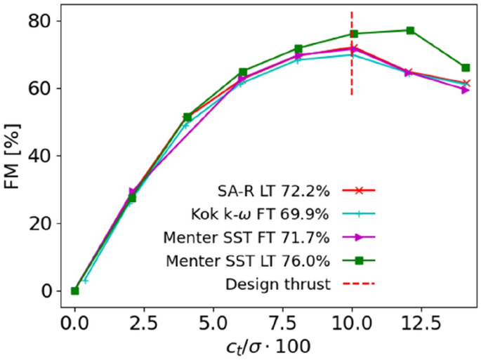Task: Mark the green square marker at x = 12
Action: point(410,30)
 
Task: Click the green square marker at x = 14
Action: point(466,67)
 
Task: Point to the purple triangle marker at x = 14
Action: point(466,90)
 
